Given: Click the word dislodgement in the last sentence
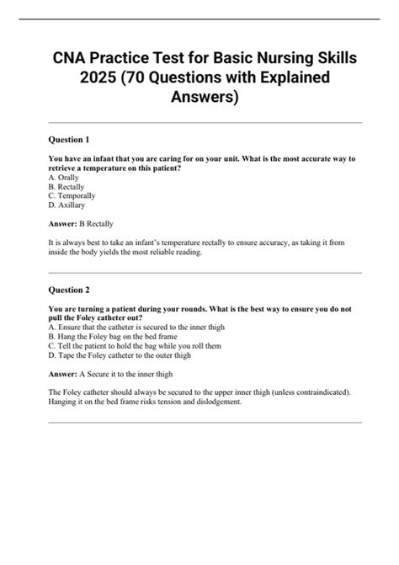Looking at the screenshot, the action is pyautogui.click(x=217, y=402).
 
